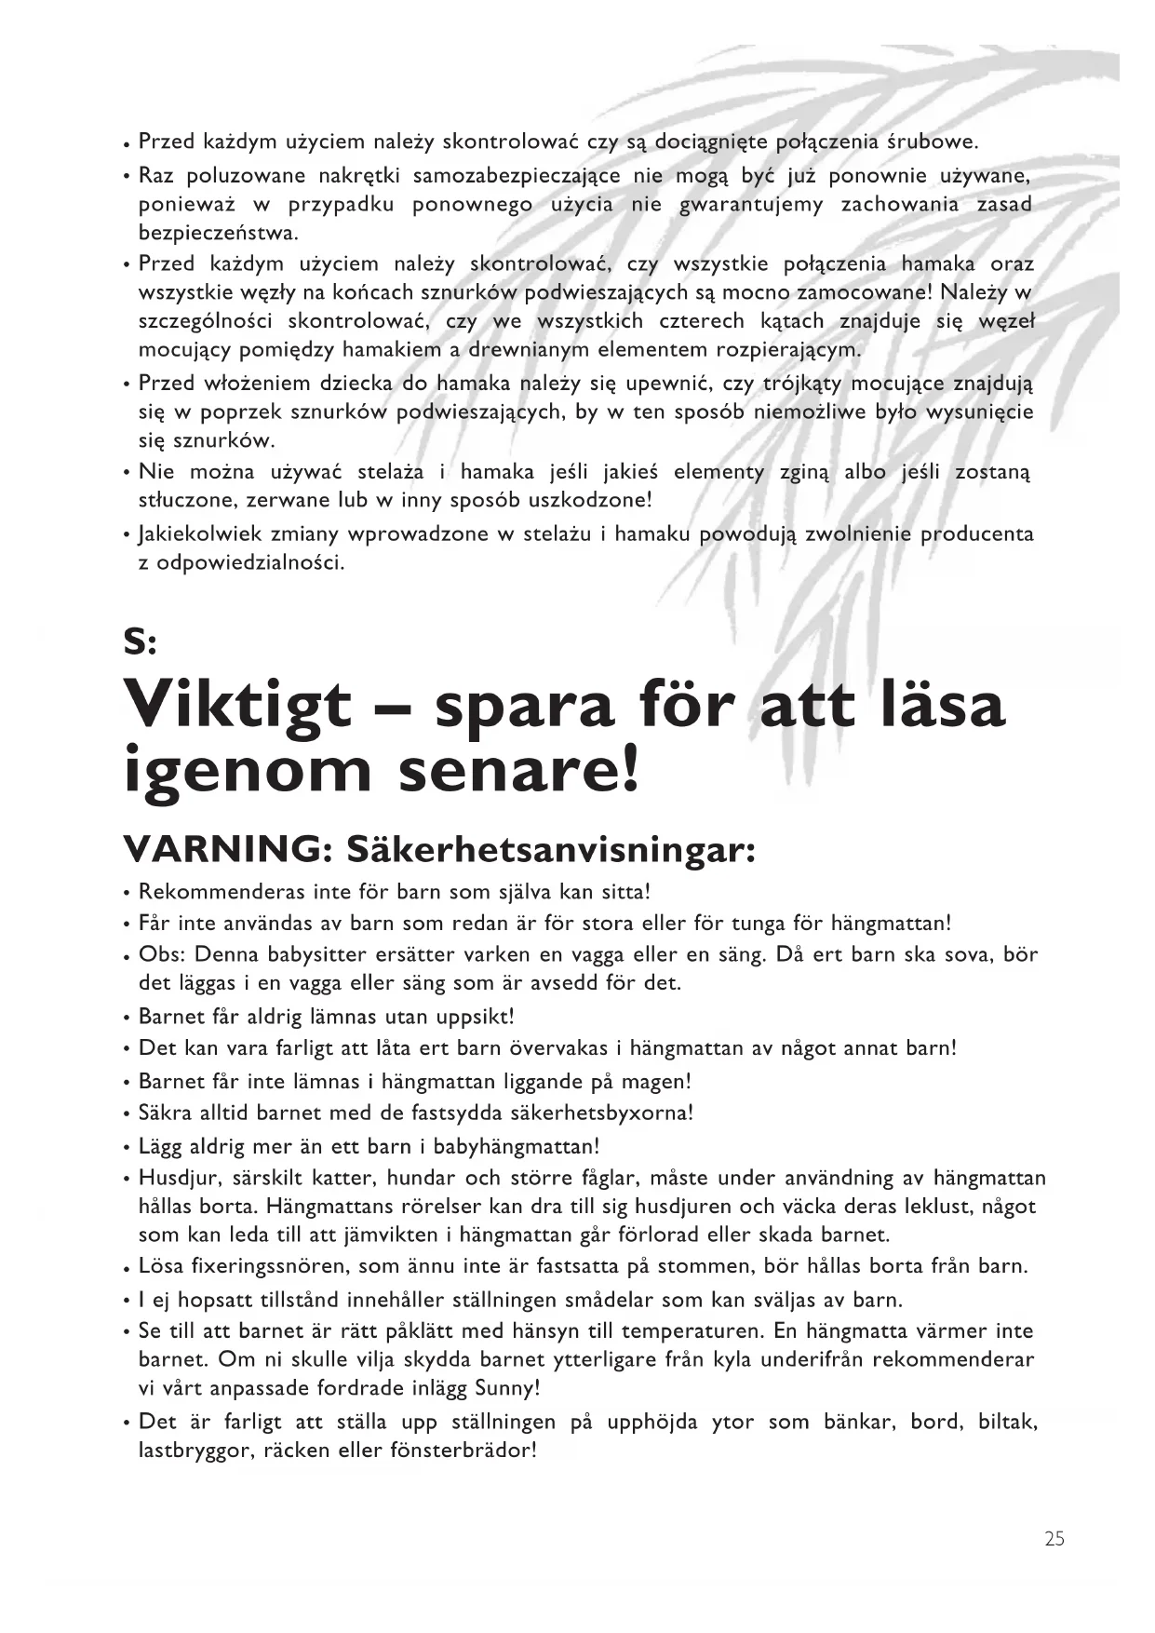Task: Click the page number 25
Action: click(x=1054, y=1539)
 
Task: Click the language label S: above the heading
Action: click(x=141, y=641)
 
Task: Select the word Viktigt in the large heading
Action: click(x=237, y=706)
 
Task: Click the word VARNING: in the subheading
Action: click(x=227, y=849)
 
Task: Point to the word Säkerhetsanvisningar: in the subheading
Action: click(x=550, y=849)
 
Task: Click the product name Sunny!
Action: click(x=507, y=1388)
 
